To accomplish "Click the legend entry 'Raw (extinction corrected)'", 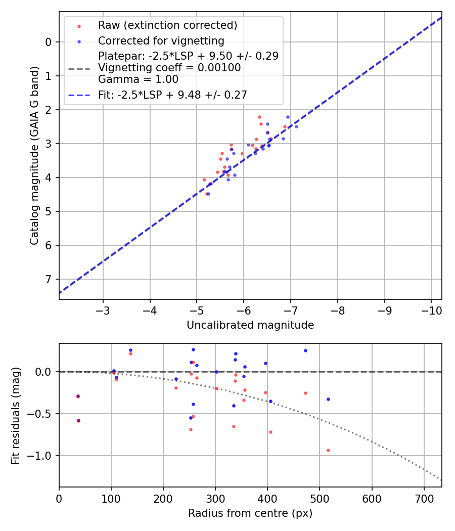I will pyautogui.click(x=167, y=25).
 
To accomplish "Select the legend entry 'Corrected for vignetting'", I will pyautogui.click(x=161, y=40).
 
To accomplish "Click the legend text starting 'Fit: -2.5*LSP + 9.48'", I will pyautogui.click(x=172, y=95).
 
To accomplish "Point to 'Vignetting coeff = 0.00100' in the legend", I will pyautogui.click(x=169, y=68).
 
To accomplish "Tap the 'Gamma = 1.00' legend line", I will pyautogui.click(x=138, y=79).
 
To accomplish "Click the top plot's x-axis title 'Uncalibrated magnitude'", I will pyautogui.click(x=250, y=325).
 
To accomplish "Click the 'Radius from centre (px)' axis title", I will pyautogui.click(x=250, y=513).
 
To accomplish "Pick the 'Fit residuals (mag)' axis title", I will pyautogui.click(x=16, y=415).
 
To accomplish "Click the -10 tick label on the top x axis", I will pyautogui.click(x=431, y=310).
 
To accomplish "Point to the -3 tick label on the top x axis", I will pyautogui.click(x=103, y=310).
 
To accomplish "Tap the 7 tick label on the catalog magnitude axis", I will pyautogui.click(x=49, y=280).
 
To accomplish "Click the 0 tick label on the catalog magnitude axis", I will pyautogui.click(x=49, y=42).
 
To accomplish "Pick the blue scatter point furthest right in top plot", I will pyautogui.click(x=296, y=126).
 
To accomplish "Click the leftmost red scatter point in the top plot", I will pyautogui.click(x=204, y=180).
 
